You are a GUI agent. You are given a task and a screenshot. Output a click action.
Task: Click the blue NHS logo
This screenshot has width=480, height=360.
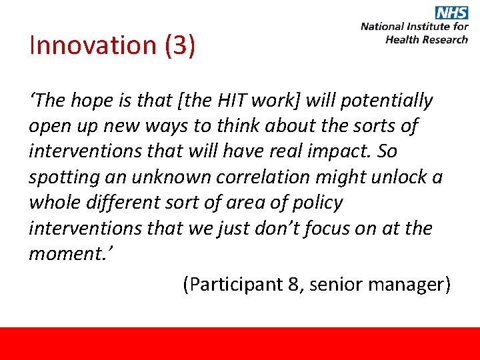[452, 12]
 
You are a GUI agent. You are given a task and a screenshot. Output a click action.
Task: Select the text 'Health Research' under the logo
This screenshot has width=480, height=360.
[427, 39]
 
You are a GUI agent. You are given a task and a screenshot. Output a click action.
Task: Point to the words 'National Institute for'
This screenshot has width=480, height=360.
[414, 27]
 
